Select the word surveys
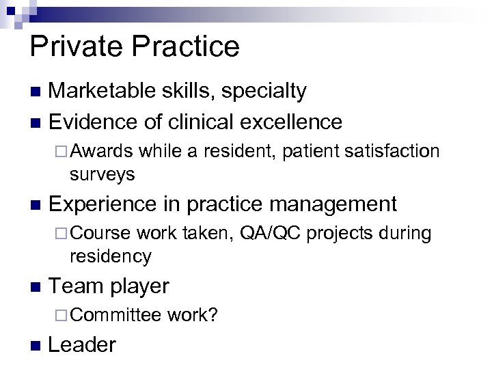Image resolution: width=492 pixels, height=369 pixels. coord(102,174)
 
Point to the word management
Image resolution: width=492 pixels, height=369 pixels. coord(332,204)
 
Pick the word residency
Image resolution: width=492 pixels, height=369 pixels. coord(110,256)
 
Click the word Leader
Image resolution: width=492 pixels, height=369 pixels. coord(83,345)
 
